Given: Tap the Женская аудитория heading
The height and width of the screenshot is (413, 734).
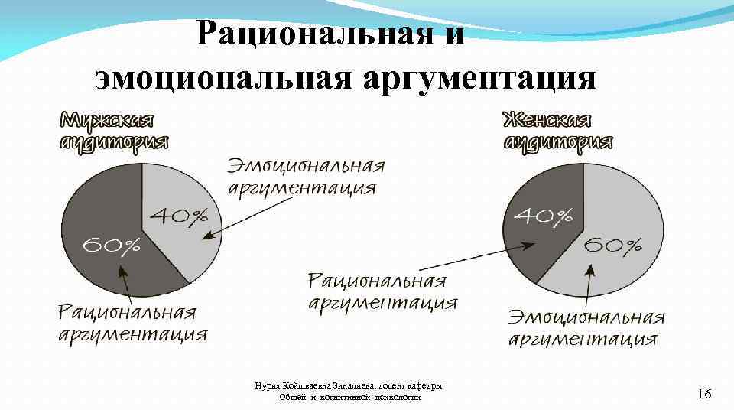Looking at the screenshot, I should (557, 131).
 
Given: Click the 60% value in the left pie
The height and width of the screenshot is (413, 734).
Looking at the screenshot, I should (112, 245).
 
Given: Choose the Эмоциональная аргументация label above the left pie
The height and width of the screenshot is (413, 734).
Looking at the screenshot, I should (304, 177).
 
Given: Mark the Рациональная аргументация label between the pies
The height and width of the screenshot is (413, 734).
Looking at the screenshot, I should (382, 291).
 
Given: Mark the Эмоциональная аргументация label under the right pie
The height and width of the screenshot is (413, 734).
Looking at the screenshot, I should (586, 328).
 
